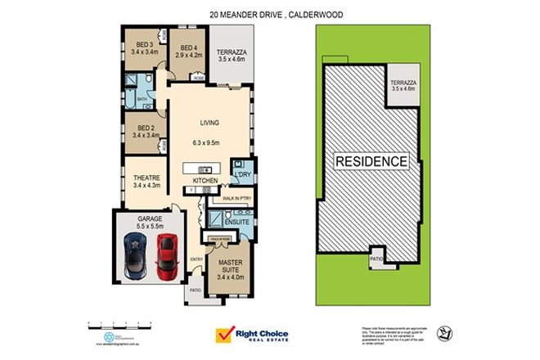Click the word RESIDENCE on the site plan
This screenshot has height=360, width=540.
370,161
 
